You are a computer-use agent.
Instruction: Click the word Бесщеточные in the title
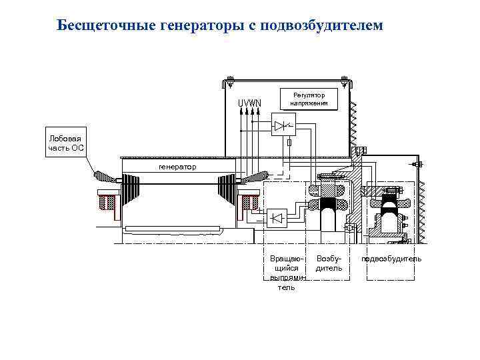point(107,26)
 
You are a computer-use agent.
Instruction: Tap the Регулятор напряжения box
point(309,99)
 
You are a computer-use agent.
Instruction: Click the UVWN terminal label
point(250,103)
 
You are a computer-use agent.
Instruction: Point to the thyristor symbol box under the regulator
point(284,125)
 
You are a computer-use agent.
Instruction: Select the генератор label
point(177,166)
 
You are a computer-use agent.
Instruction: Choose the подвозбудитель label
point(392,258)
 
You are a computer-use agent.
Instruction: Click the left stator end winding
point(107,177)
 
